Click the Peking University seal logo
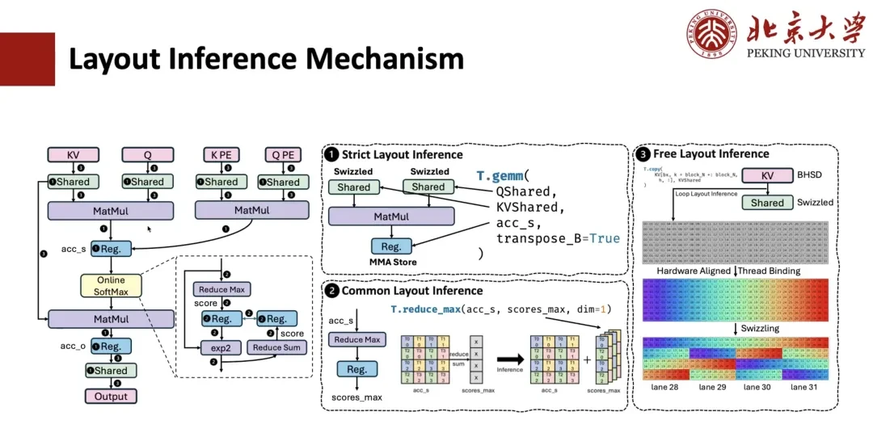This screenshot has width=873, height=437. point(712,34)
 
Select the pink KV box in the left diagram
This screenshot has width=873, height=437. point(74,154)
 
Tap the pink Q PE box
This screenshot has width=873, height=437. point(283,154)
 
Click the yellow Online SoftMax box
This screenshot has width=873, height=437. point(111,286)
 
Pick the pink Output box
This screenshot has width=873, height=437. point(111,396)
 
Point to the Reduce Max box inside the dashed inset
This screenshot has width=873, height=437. point(222,289)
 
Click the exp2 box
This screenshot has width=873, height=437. point(221,348)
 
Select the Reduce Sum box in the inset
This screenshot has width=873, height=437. point(276,348)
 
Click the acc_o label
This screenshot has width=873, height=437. point(73,347)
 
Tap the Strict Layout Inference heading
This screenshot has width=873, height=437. point(402,154)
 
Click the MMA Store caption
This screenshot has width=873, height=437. point(391,263)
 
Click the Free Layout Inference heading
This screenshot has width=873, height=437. point(714,153)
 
